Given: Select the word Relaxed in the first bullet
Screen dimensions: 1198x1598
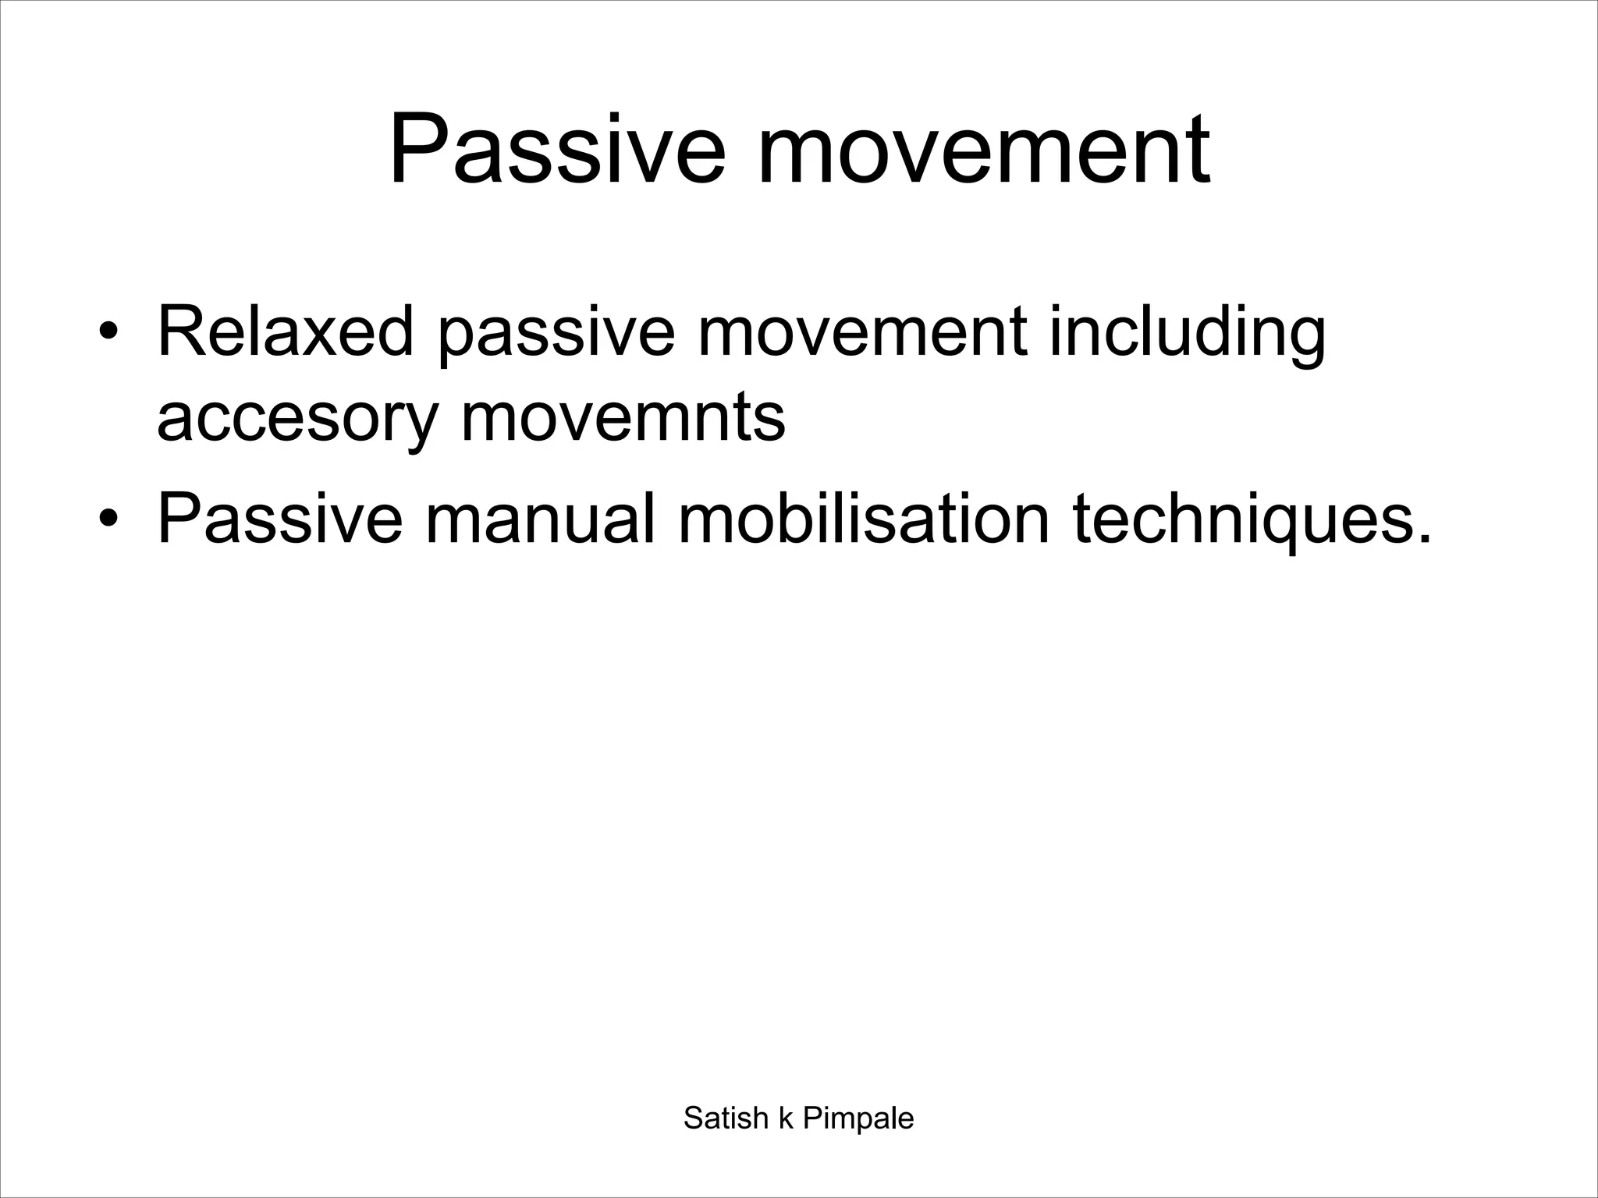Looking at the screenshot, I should (286, 333).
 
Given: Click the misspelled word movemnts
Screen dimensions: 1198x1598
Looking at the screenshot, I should (623, 416).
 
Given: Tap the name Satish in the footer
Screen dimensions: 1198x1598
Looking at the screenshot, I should (726, 1118).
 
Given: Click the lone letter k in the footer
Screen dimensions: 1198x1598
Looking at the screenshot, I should (786, 1118).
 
